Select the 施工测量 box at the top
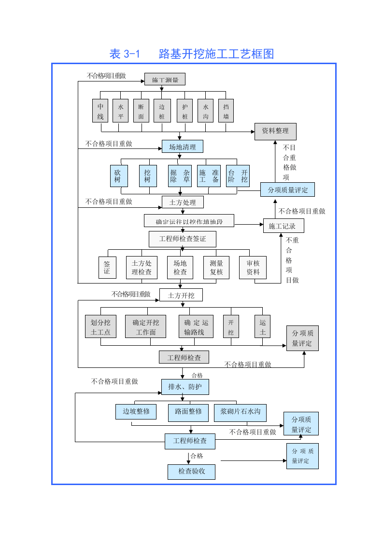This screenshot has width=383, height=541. [x=165, y=80]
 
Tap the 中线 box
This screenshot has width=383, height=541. [x=100, y=111]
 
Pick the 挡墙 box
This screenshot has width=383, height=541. [x=226, y=111]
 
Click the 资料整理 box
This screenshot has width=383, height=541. [x=275, y=131]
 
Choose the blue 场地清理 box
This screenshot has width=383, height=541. [x=182, y=147]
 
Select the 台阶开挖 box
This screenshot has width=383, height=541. [x=238, y=176]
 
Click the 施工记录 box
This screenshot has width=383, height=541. [x=283, y=226]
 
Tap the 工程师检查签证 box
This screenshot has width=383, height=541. [x=182, y=239]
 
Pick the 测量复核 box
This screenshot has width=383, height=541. [x=216, y=267]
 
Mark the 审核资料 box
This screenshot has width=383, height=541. [x=253, y=267]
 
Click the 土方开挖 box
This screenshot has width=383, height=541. [x=181, y=295]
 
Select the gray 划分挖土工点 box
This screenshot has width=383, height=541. [x=100, y=327]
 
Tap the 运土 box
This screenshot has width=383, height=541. [x=262, y=326]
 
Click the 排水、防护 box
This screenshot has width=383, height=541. [x=184, y=387]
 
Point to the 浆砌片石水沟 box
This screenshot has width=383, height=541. [x=240, y=412]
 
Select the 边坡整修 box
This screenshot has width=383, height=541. [x=136, y=412]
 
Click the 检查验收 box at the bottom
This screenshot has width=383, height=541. [x=191, y=472]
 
